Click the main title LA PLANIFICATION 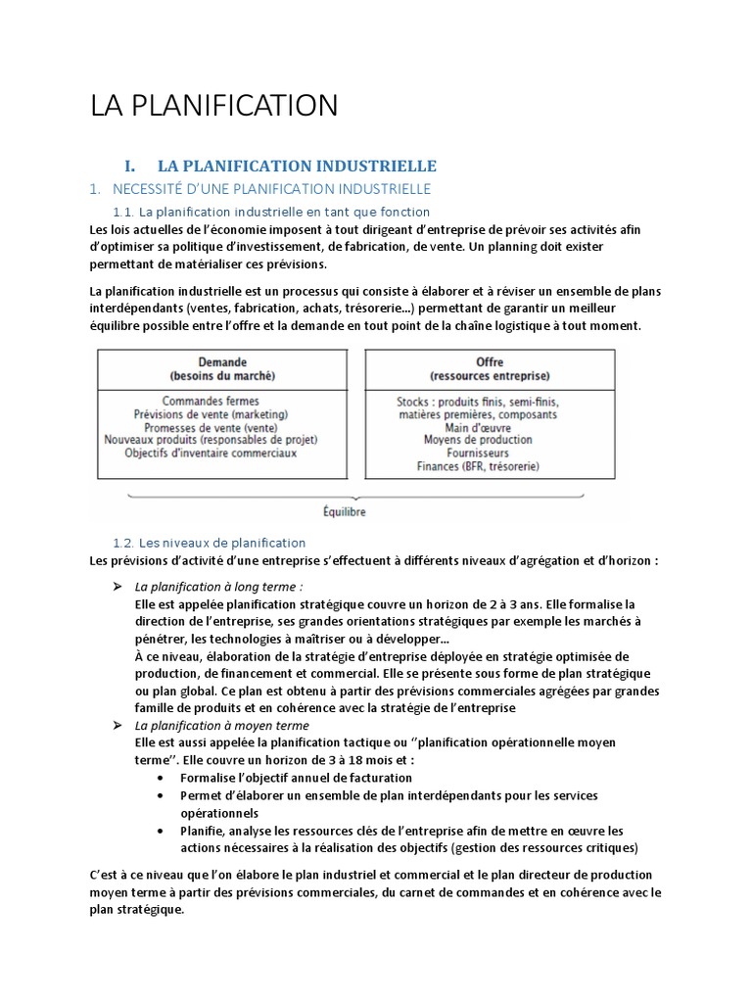tap(213, 105)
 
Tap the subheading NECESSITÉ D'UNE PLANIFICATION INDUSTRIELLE tap(271, 188)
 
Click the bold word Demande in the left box tap(222, 361)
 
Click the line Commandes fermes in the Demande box tap(211, 401)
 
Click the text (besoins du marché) tap(222, 375)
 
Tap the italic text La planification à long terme tap(219, 586)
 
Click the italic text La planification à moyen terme tap(222, 726)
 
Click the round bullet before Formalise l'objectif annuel tap(160, 778)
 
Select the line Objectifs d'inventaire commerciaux tap(211, 454)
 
